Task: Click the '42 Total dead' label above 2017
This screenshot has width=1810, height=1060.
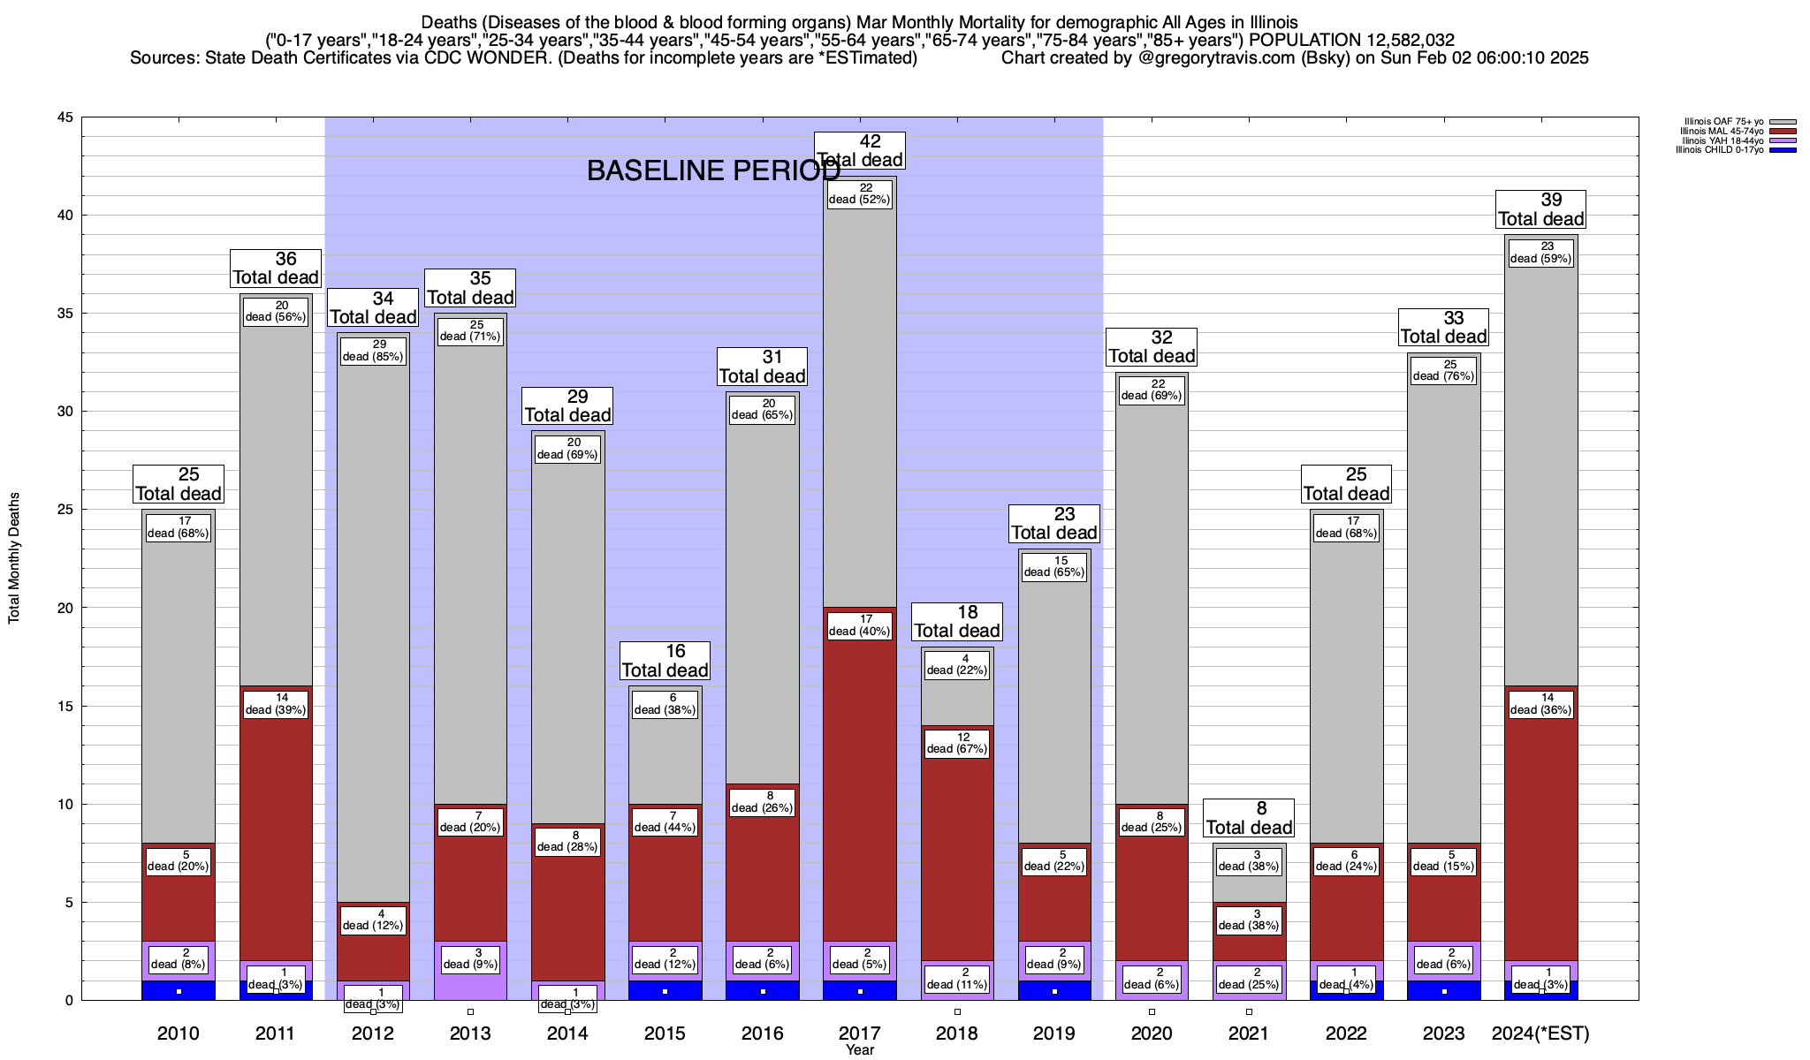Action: pos(859,151)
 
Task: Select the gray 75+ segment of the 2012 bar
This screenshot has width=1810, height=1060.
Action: pos(373,618)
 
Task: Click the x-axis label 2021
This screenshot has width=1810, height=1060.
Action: pos(1249,1033)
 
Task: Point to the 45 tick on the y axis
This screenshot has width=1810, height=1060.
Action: pos(65,117)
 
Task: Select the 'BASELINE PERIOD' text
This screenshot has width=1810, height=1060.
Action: pos(713,171)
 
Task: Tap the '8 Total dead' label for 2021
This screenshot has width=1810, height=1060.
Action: pos(1249,818)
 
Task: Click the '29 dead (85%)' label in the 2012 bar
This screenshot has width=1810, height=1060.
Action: pos(373,351)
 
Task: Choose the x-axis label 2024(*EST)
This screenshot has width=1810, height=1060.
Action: pos(1540,1033)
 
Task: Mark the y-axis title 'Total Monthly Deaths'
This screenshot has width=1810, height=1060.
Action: pos(14,558)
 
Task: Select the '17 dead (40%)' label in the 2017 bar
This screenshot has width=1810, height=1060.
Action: pos(860,625)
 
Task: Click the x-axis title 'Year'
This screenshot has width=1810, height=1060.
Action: pos(859,1050)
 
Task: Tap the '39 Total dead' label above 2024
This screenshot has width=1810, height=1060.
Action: pos(1540,210)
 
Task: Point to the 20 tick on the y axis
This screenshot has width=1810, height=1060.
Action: pos(65,608)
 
